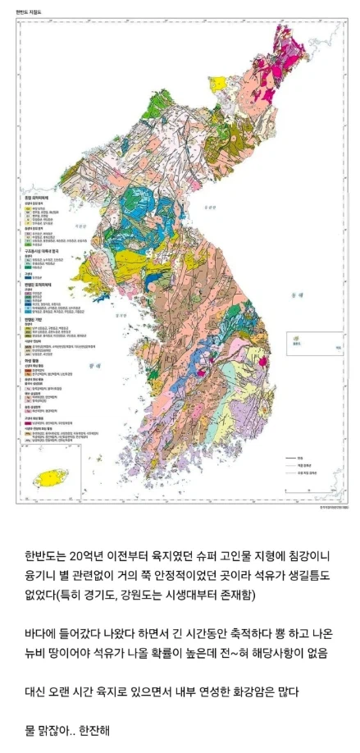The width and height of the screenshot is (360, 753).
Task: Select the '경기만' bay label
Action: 120,313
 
